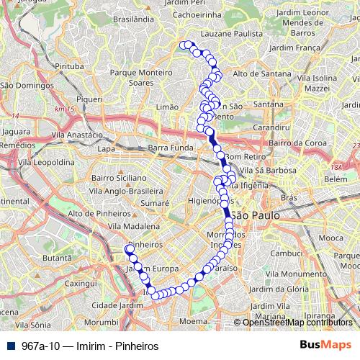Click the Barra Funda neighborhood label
[x=168, y=148]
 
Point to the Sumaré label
[x=154, y=204]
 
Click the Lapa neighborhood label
[x=106, y=148]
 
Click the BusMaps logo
[x=325, y=346]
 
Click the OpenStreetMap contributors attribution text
[x=297, y=322]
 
